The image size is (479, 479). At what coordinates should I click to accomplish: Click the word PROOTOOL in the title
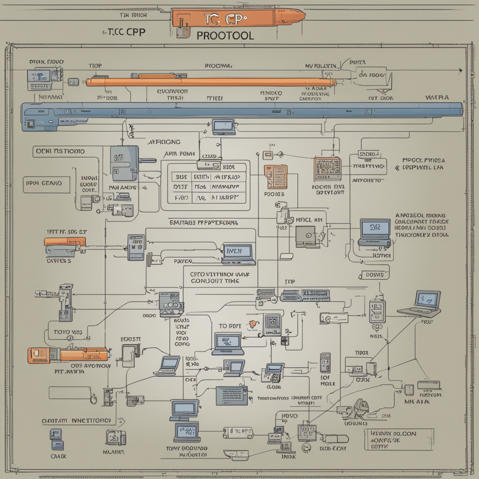[x=225, y=36]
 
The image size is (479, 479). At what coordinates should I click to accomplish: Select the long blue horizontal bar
[x=243, y=110]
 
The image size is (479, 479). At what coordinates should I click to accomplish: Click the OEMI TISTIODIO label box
[x=60, y=151]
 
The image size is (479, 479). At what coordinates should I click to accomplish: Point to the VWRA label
[x=437, y=98]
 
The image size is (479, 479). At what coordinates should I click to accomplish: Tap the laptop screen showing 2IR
[x=375, y=228]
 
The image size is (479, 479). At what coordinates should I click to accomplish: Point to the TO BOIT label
[x=230, y=326]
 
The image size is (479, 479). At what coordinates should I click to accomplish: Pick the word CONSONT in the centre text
[x=208, y=281]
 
